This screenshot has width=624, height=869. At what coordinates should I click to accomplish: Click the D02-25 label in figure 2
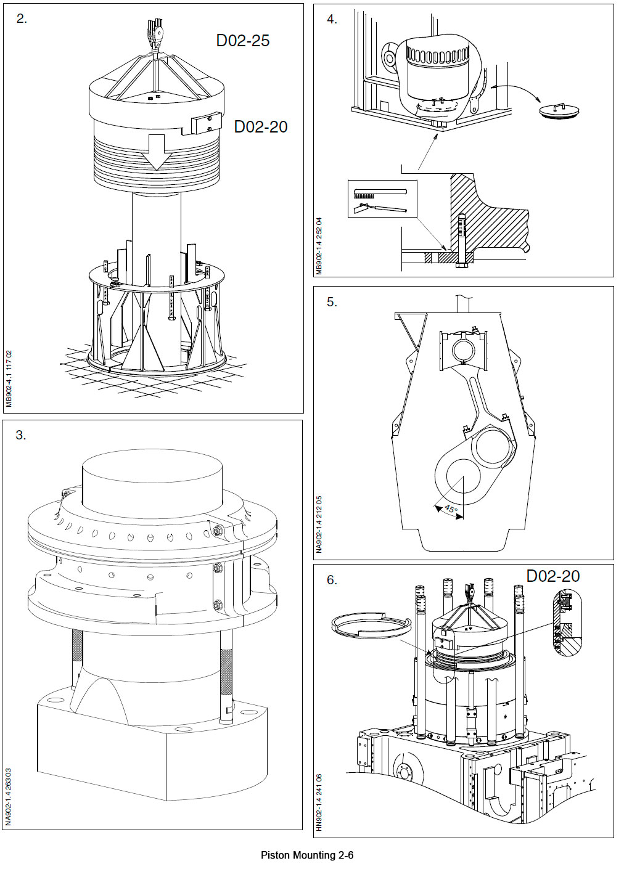pos(243,41)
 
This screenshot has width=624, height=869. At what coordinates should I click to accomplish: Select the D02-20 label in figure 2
pos(261,127)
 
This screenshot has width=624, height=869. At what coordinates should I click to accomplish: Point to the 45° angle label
pos(451,510)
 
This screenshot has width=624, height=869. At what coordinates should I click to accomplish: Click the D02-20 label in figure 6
pos(552,576)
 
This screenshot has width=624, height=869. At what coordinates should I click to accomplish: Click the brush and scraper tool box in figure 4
pos(382,199)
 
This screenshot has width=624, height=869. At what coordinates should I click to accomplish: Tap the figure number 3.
pos(21,435)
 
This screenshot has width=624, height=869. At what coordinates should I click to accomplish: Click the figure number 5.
pos(332,302)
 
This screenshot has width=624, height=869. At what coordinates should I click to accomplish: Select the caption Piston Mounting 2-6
pos(306,855)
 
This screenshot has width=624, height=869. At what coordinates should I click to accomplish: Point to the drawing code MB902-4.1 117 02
pos(9,378)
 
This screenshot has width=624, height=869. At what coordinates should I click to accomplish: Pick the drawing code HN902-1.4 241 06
pos(319,802)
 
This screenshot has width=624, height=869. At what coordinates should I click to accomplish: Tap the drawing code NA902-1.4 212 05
pos(319,523)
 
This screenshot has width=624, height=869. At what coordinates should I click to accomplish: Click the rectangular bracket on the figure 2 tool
pos(206,123)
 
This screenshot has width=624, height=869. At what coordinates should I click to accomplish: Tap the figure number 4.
pos(332,20)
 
